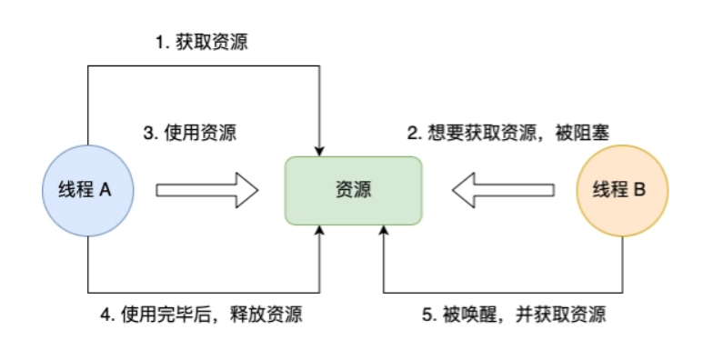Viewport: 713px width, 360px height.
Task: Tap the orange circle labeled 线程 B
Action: click(x=623, y=191)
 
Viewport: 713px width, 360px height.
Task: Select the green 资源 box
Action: click(x=353, y=191)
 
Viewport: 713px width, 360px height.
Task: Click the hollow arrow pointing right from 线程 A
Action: click(x=207, y=191)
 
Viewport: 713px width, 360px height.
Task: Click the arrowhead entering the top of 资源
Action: click(x=320, y=149)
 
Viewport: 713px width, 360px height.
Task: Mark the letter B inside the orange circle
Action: click(x=639, y=191)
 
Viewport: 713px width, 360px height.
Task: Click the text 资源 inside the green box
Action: click(x=353, y=191)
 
